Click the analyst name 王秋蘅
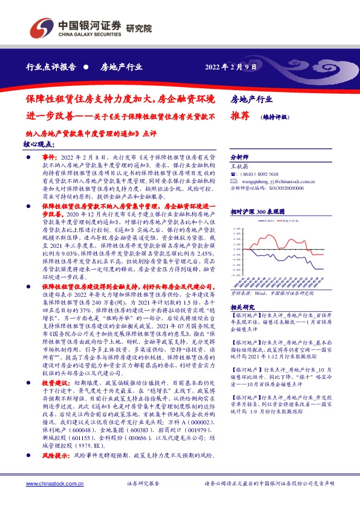tap(241, 164)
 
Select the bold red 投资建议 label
tap(54, 383)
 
